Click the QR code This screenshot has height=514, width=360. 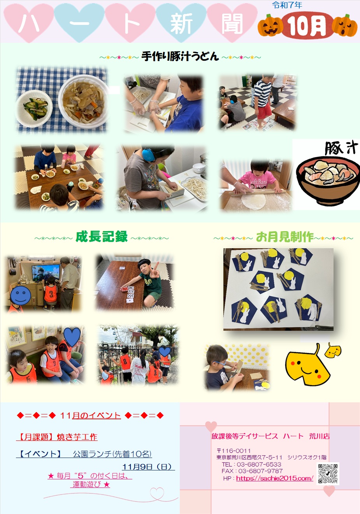pos(328,474)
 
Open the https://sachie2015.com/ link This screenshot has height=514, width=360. pos(275,478)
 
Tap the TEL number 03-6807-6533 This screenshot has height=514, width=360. pos(259,464)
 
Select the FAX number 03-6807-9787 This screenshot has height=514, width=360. pos(260,471)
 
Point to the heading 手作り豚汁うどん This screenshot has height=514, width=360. pos(180,56)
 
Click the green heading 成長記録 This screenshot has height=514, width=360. pos(102,237)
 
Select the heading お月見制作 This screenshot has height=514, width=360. pos(285,237)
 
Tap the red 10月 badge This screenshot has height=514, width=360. pos(307,26)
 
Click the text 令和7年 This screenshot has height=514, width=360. pos(287,5)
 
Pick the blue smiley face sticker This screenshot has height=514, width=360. pos(20,296)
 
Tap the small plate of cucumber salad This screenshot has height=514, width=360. pos(34,108)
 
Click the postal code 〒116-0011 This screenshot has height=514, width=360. pos(234,451)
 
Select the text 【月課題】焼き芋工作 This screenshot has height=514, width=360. pos(57,437)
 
